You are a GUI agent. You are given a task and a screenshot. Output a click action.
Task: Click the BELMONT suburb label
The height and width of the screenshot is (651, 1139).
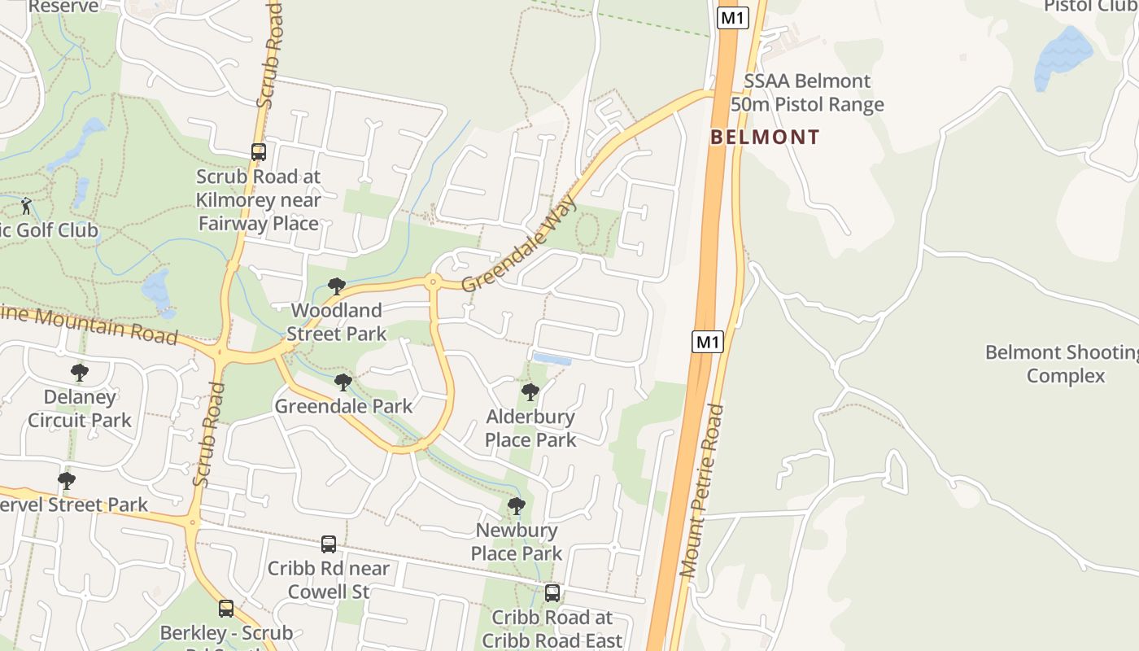[x=765, y=137]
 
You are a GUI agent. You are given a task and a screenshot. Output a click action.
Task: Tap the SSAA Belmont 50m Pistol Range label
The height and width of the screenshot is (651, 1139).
[x=807, y=93]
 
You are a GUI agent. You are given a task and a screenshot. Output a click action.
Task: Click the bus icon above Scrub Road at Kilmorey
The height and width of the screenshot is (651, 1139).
[x=259, y=152]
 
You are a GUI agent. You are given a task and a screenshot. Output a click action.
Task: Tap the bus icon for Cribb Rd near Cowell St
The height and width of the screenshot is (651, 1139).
[x=329, y=544]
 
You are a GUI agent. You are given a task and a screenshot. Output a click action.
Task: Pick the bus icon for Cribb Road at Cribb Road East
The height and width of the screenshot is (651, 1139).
[x=552, y=593]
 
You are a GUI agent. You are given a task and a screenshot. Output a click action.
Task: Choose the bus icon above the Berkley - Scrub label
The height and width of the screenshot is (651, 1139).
[x=226, y=608]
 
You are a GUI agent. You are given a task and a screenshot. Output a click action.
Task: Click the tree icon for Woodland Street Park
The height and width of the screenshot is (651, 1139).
[x=336, y=286]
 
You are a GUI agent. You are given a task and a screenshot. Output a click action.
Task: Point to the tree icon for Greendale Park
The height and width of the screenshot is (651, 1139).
[x=343, y=382]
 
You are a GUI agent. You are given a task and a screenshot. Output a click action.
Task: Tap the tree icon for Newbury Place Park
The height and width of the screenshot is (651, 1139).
[x=517, y=506]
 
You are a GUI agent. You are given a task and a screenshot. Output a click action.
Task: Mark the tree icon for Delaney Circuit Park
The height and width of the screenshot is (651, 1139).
[x=80, y=373]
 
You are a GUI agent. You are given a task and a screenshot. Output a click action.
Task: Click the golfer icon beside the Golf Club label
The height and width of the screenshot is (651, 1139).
[x=26, y=206]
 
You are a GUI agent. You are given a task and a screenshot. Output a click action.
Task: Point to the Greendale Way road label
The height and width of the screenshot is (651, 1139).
[x=518, y=243]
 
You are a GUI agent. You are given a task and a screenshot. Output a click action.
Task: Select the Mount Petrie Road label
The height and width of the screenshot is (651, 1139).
[x=702, y=491]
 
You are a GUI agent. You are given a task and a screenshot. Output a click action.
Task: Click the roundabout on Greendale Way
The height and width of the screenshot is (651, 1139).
[x=433, y=282]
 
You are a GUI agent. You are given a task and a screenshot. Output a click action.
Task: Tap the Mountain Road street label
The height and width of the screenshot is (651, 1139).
[x=89, y=324]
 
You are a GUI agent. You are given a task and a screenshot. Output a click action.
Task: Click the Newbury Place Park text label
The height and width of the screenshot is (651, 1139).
[x=517, y=542]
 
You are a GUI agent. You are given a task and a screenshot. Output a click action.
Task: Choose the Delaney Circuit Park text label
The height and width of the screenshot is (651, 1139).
[x=80, y=409]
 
